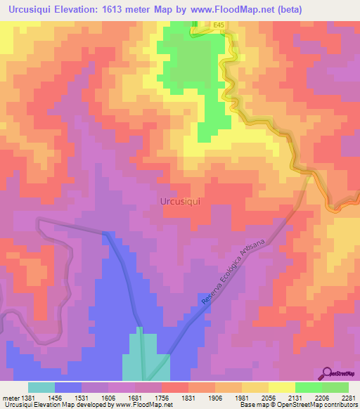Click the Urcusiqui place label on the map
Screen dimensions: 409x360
181,201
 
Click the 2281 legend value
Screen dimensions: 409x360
350,397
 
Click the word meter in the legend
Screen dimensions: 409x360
11,397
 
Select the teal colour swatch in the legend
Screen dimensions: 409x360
41,387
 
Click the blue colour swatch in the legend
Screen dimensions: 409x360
67,387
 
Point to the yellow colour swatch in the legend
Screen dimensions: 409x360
281,387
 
